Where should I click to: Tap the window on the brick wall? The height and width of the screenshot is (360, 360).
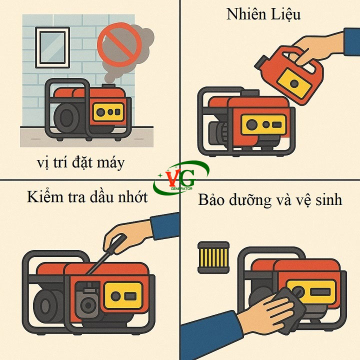[52, 47]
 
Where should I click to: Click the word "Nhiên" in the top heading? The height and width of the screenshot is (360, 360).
[246, 14]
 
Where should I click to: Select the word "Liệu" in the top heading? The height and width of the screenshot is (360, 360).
[286, 15]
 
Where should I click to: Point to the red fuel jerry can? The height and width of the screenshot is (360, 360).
[291, 73]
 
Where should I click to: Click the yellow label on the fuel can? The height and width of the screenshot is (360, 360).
[294, 83]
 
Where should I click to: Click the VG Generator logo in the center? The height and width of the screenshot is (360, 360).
[181, 178]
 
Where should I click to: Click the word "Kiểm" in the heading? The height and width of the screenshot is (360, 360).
[45, 196]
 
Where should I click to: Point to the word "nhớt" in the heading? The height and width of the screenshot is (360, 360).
[133, 197]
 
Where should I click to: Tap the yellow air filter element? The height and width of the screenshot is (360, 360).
[213, 257]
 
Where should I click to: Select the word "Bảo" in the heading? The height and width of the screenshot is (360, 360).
[211, 199]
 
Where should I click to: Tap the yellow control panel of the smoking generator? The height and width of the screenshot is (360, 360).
[108, 112]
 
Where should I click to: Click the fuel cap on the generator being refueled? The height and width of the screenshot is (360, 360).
[250, 93]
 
